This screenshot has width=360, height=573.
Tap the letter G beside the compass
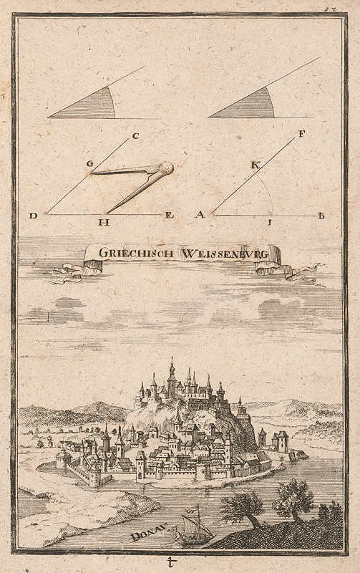(x=89, y=164)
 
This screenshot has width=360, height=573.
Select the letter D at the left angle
(x=33, y=215)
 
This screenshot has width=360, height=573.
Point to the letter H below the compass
(x=104, y=223)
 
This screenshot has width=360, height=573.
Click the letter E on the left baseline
(x=170, y=215)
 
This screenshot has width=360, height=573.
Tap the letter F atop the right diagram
(x=282, y=133)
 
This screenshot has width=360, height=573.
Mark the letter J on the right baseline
(x=271, y=223)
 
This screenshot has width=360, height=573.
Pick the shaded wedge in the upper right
(x=250, y=106)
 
